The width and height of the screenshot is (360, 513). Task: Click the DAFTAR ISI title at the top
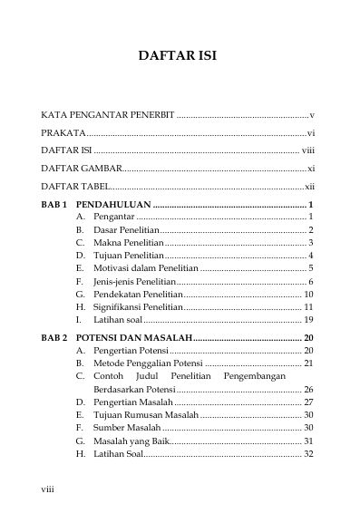[x=177, y=56]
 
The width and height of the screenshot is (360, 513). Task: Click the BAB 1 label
[x=54, y=205]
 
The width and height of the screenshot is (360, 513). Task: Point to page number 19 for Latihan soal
[x=308, y=320]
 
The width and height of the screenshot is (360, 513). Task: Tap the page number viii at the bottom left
[x=48, y=489]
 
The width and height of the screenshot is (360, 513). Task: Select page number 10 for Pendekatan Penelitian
[x=308, y=295]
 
